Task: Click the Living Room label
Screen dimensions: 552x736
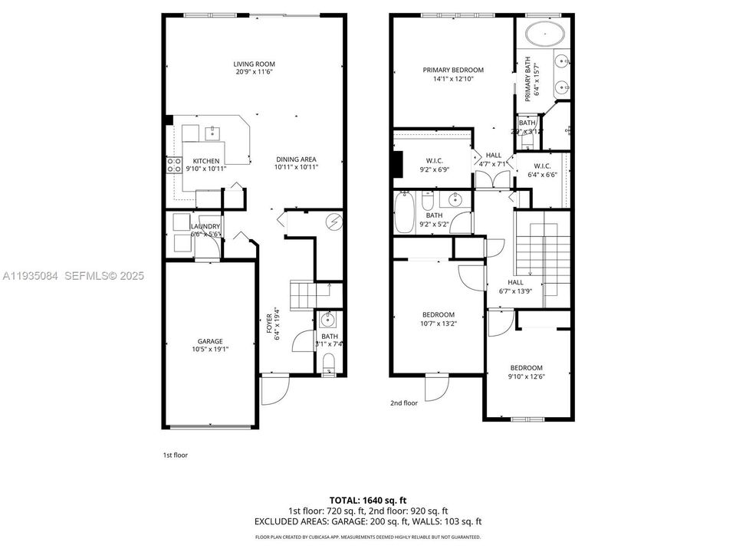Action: point(255,64)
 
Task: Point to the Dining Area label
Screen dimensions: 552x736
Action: point(297,159)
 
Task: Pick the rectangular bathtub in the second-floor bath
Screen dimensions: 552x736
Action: point(404,212)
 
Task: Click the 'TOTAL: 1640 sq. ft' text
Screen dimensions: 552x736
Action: point(367,498)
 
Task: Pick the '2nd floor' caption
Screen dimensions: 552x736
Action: point(404,402)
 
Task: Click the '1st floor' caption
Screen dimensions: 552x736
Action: point(175,455)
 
